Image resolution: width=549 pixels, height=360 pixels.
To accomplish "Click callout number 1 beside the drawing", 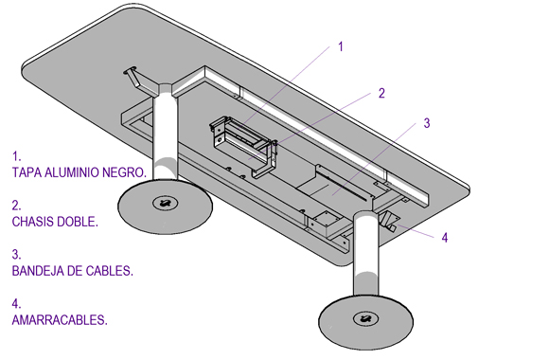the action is point(341,46).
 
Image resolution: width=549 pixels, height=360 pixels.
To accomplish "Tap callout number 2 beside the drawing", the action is point(381,93).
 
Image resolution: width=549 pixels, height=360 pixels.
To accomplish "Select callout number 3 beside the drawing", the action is point(427,123).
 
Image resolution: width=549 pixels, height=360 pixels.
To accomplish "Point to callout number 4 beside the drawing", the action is point(445,238).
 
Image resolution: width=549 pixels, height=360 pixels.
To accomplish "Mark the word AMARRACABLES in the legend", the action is point(60,319).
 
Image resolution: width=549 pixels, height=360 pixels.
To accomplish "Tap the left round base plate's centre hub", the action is point(166,203).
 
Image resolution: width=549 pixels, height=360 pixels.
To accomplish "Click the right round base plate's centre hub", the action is point(366,318).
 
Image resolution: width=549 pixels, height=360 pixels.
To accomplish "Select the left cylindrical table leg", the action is point(166,134).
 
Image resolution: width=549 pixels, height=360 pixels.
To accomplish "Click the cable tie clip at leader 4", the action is point(389,221).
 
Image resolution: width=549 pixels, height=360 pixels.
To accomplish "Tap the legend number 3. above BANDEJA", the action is point(16,254).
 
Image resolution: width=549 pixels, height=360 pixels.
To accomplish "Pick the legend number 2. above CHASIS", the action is point(16,205).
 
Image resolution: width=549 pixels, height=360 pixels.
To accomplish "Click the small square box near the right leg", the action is point(326,224).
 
